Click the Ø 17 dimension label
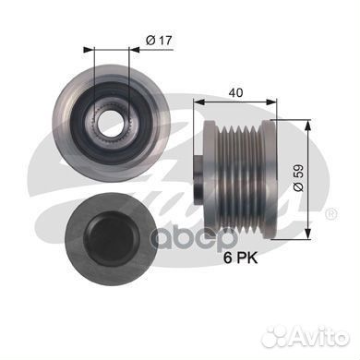(x=159, y=41)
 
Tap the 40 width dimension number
(x=235, y=92)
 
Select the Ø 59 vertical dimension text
(x=298, y=178)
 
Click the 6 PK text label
(x=240, y=258)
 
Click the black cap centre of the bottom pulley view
(x=111, y=239)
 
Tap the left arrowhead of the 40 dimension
(x=198, y=102)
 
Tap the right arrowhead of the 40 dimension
(x=271, y=102)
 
